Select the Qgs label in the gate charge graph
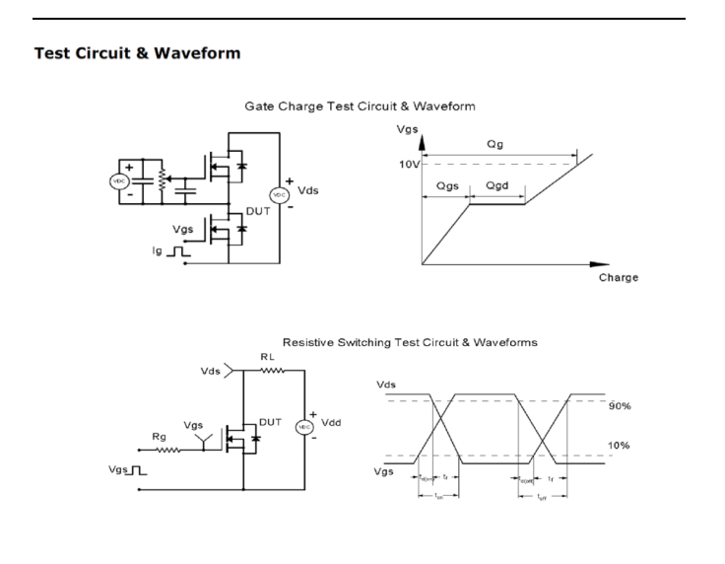pyautogui.click(x=447, y=185)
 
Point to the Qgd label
pyautogui.click(x=497, y=185)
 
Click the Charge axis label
pyautogui.click(x=618, y=277)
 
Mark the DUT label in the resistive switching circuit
pyautogui.click(x=270, y=422)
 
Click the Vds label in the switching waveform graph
pyautogui.click(x=388, y=383)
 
